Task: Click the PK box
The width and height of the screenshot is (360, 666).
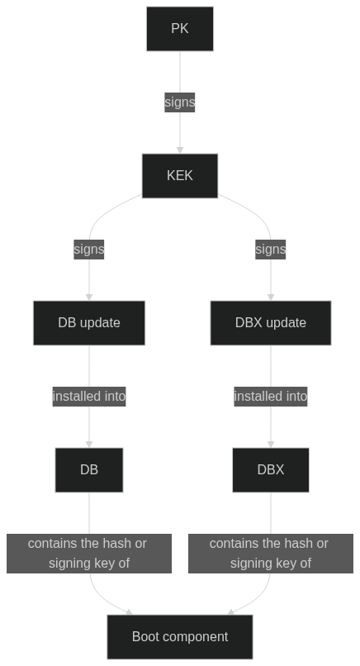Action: tap(180, 29)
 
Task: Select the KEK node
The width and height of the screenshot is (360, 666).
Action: tap(180, 176)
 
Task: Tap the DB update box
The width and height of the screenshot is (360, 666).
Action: tap(89, 323)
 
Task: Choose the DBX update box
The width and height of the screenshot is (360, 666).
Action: tap(271, 323)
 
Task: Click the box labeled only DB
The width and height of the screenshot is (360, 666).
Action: tap(89, 470)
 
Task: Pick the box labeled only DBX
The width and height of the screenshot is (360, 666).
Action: tap(271, 470)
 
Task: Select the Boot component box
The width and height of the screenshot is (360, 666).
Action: tap(180, 637)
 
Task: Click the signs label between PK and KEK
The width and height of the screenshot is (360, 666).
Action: tap(180, 102)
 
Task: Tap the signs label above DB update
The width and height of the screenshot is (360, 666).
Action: tap(89, 250)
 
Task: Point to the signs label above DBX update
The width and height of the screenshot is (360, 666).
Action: tap(271, 250)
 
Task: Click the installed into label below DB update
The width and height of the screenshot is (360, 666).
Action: tap(89, 397)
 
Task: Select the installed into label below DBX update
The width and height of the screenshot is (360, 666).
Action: tap(271, 397)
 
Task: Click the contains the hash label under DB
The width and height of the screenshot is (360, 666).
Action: tap(89, 554)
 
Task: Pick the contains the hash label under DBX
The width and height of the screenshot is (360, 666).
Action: tap(271, 554)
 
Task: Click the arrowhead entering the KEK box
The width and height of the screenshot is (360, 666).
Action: tap(180, 150)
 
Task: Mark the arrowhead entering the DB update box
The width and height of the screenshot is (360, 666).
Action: tap(89, 297)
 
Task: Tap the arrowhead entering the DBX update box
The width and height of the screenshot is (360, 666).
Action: tap(271, 297)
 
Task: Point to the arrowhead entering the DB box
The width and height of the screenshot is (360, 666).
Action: tap(89, 445)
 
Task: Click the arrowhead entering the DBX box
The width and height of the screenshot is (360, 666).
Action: tap(271, 445)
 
